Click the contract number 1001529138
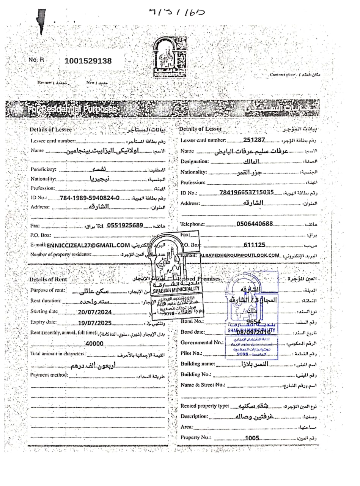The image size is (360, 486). [x=88, y=61]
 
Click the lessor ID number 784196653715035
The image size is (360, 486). [x=246, y=192]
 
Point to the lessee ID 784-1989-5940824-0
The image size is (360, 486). [x=89, y=198]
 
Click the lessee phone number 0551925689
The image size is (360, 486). [x=125, y=225]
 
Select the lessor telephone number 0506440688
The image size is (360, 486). [x=254, y=224]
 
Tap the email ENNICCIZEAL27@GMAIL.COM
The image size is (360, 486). [x=88, y=245]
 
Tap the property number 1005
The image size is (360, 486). [x=252, y=438]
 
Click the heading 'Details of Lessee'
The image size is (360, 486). [x=50, y=129]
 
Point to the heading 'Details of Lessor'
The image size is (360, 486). [x=200, y=129]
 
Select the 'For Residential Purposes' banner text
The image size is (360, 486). [x=74, y=110]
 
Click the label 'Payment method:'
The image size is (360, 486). [x=49, y=375]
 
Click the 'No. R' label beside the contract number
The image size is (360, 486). [x=36, y=60]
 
